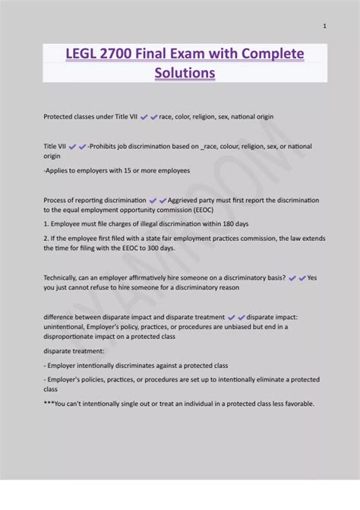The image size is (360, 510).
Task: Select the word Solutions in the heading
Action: tap(185, 73)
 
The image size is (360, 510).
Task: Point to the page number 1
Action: tap(325, 26)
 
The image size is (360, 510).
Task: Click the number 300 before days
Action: tap(147, 248)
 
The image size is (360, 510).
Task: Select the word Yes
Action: tap(313, 278)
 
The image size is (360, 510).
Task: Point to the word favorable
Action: tap(295, 404)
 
